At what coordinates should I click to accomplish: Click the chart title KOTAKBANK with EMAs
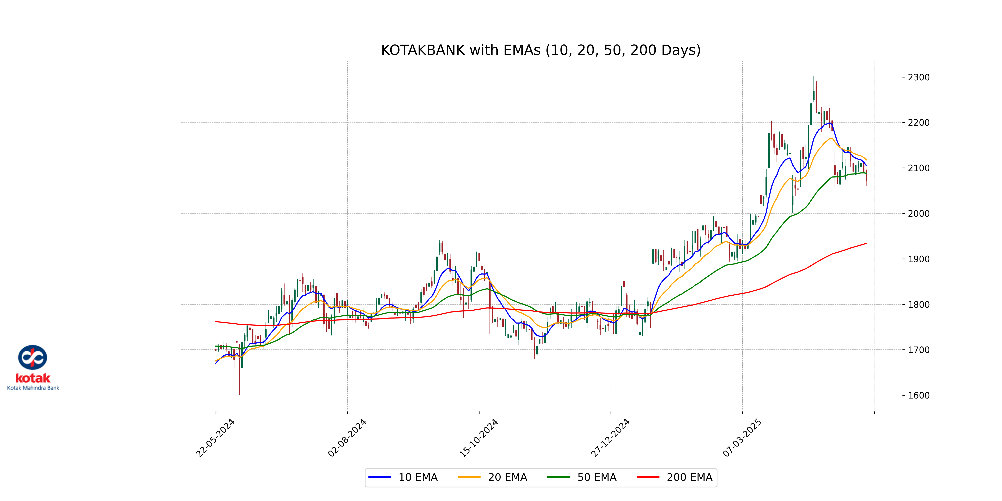click(x=541, y=50)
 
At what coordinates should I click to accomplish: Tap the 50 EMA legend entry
click(x=582, y=477)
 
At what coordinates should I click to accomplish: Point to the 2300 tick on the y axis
click(x=918, y=77)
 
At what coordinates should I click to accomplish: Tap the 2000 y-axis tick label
click(x=918, y=214)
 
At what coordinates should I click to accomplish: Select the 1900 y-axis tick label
click(x=918, y=259)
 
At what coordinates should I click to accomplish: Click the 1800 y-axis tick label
click(x=918, y=305)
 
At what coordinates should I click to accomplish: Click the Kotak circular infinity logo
click(x=33, y=357)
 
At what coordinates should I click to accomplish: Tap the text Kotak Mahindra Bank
click(x=33, y=388)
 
